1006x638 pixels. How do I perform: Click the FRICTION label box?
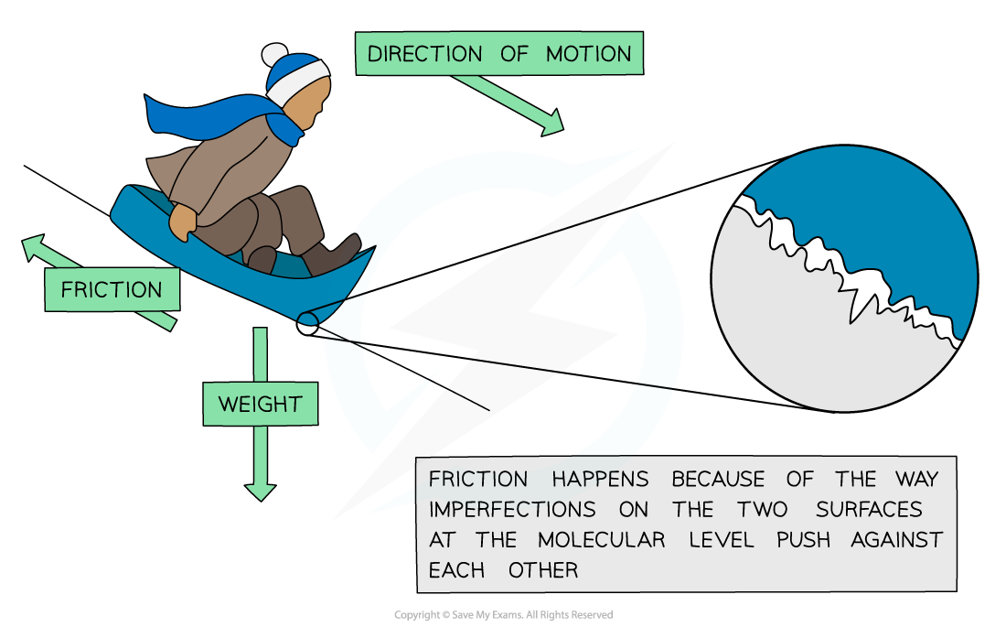[112, 289]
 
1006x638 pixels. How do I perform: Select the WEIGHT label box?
[261, 404]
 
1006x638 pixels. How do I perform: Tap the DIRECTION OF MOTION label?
[499, 53]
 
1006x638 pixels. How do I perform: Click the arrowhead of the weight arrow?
[261, 492]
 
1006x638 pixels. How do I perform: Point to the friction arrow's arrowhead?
[33, 247]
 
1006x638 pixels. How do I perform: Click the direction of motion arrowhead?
[552, 124]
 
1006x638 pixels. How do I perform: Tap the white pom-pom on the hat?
[274, 55]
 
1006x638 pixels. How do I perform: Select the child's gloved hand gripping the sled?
[183, 222]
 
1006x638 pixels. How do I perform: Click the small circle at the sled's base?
[307, 323]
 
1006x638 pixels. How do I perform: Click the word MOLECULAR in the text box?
[601, 540]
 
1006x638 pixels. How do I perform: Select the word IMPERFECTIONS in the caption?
[512, 510]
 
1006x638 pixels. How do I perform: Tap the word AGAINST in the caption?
[896, 540]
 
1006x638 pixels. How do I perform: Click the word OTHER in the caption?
[542, 570]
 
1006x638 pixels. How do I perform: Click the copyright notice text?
[504, 615]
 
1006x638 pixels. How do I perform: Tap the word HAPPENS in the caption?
[601, 480]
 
